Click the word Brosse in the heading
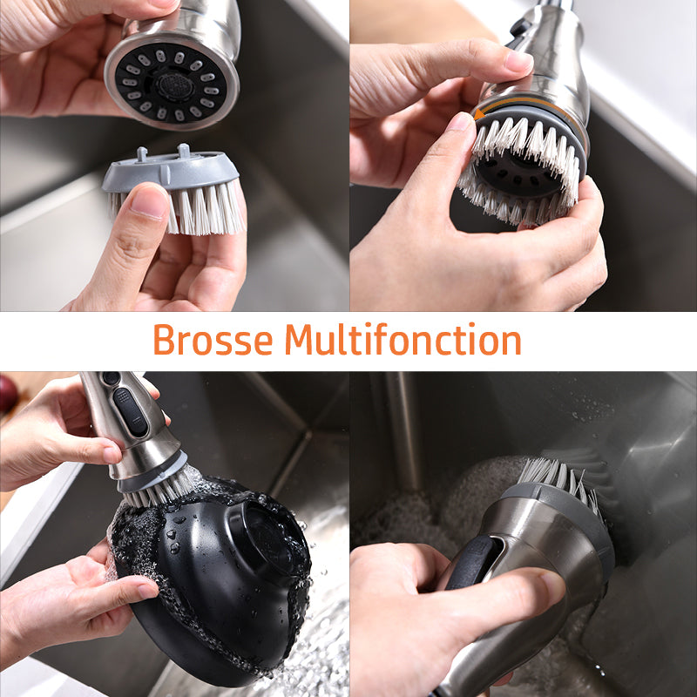click(x=213, y=340)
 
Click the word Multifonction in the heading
click(x=403, y=339)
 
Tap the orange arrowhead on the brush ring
click(x=478, y=115)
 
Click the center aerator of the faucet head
click(x=175, y=85)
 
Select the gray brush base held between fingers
click(x=171, y=171)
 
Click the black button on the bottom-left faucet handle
click(x=130, y=412)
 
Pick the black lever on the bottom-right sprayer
click(x=472, y=563)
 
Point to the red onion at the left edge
click(x=8, y=394)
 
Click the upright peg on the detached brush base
click(x=183, y=151)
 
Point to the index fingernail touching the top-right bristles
click(x=459, y=123)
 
